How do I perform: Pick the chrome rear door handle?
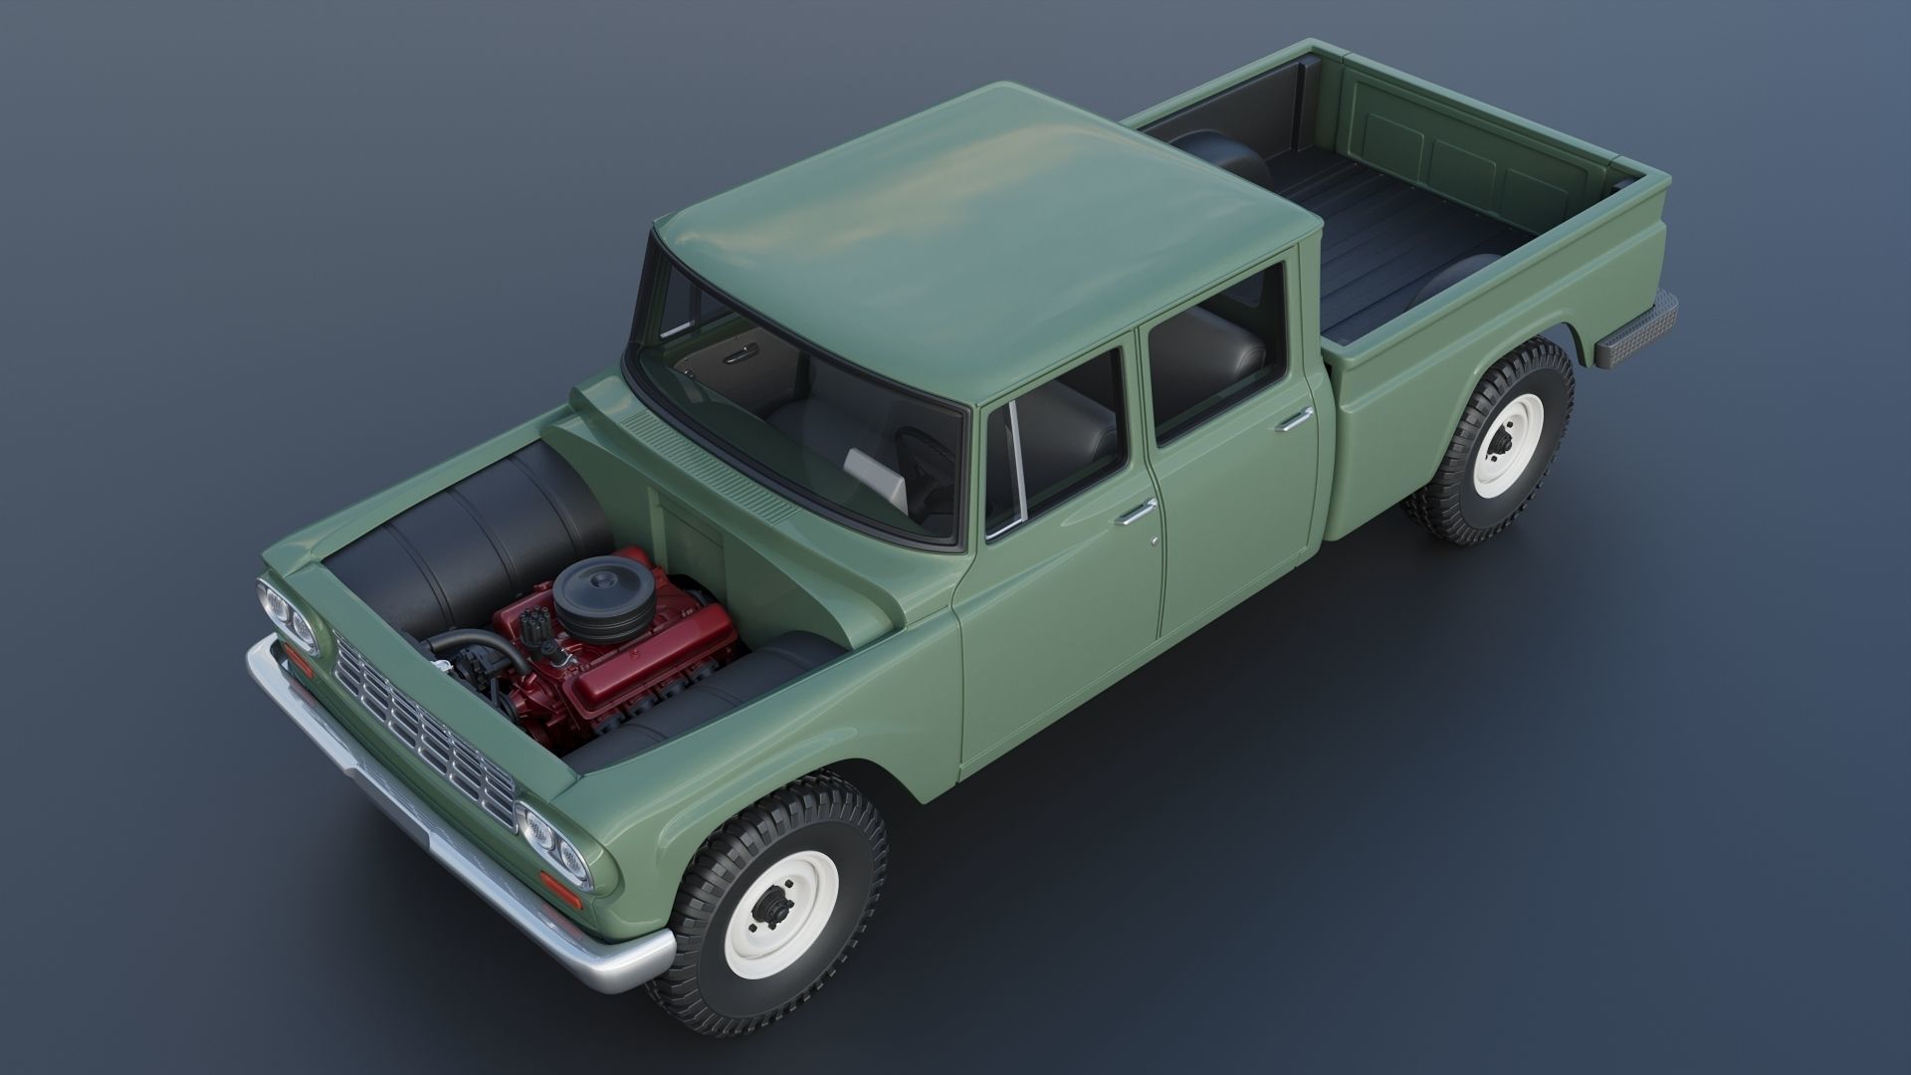tap(1295, 420)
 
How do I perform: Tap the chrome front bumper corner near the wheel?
tap(617, 964)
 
